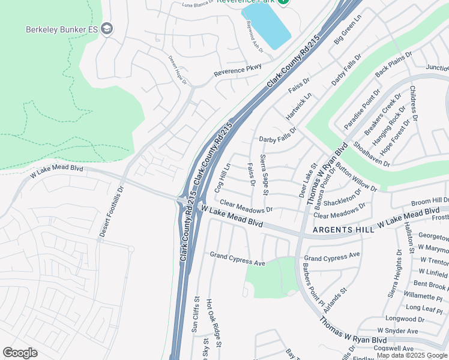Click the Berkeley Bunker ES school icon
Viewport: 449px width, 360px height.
tap(107, 29)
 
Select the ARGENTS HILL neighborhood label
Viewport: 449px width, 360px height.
tap(340, 230)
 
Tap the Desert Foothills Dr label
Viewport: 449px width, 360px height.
tap(111, 211)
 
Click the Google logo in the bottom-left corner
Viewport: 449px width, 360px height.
tap(20, 352)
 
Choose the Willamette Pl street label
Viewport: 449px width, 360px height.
tap(423, 296)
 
